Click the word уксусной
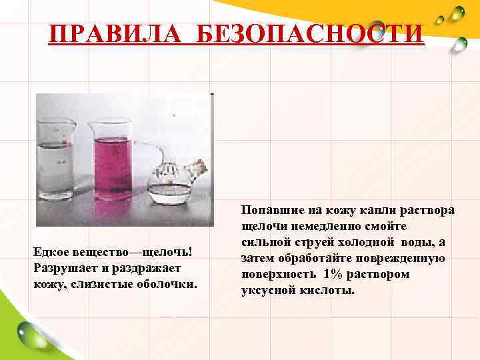[x=265, y=291]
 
